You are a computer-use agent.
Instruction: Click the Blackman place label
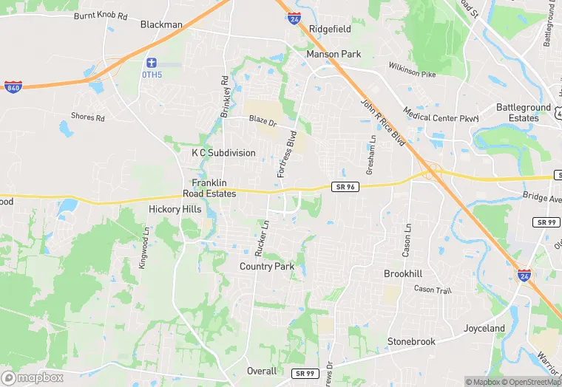(161, 24)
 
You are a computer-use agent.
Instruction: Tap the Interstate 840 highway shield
(13, 86)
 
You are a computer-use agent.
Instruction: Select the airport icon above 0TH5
(152, 61)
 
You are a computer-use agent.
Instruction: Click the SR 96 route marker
(345, 188)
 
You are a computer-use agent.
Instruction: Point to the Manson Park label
(334, 54)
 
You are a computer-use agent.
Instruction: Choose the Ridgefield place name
(330, 29)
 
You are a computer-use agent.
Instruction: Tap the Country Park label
(267, 267)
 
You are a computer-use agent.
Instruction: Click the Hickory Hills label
(175, 209)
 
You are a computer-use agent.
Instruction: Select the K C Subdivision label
(223, 153)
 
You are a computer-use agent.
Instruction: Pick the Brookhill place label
(403, 273)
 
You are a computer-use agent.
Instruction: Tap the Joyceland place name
(484, 328)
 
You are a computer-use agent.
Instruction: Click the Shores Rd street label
(88, 117)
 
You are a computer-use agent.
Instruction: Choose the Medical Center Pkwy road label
(441, 114)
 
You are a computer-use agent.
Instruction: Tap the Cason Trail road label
(433, 290)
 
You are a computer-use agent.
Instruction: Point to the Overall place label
(262, 371)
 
